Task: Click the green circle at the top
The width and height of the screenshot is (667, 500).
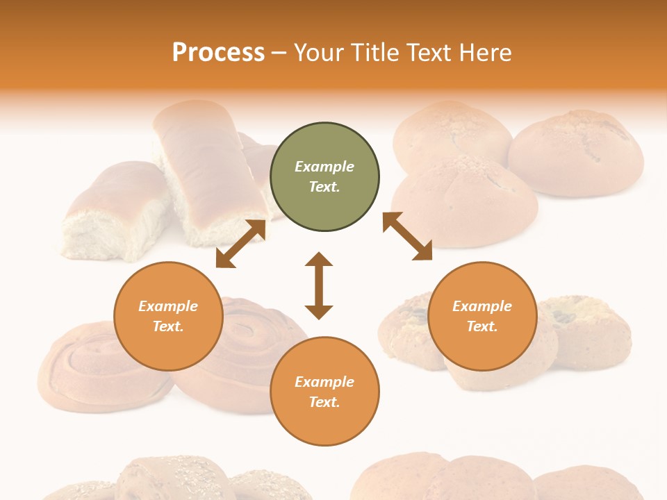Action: [324, 177]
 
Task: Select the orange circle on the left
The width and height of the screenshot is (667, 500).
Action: [168, 316]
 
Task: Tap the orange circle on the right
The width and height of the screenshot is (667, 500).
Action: [482, 316]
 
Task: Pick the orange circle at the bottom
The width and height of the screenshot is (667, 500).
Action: [324, 392]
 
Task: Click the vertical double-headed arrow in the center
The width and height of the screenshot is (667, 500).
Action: [319, 285]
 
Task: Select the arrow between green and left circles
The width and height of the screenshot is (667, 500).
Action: [240, 244]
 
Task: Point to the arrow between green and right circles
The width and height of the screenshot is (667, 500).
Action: [407, 236]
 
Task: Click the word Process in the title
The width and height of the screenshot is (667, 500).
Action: [218, 52]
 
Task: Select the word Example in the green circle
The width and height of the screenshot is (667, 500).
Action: [324, 167]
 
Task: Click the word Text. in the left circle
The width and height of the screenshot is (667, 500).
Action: [168, 326]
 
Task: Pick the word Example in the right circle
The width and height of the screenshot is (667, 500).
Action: [482, 306]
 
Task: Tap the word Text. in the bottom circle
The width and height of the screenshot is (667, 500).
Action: [324, 402]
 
